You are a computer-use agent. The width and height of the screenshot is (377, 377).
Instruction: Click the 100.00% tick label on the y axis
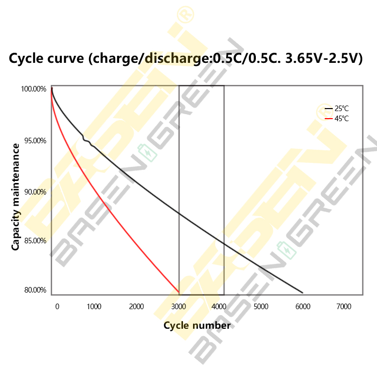tap(34, 89)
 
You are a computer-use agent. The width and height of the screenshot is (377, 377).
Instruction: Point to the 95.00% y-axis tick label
tap(34, 140)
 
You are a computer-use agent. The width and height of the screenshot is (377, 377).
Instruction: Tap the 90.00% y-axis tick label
tap(34, 192)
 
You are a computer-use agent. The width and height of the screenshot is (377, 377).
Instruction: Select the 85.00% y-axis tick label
tap(34, 240)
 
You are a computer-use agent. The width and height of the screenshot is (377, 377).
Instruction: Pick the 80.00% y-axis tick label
tap(34, 290)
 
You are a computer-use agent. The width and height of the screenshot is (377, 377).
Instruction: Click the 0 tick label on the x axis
tap(57, 307)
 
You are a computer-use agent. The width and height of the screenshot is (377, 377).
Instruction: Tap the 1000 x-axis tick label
tap(94, 307)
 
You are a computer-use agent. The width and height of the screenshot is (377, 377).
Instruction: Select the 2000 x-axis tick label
tap(136, 307)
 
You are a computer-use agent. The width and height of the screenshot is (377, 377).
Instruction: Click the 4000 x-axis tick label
tap(219, 307)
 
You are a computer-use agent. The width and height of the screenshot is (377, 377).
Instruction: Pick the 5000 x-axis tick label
tap(260, 307)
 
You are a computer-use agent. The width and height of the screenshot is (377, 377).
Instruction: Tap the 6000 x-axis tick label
tap(302, 307)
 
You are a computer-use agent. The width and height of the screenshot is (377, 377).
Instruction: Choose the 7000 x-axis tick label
tap(343, 307)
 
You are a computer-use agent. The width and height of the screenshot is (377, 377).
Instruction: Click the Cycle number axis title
tap(197, 325)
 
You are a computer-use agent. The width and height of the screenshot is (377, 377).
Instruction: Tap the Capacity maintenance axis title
tap(16, 197)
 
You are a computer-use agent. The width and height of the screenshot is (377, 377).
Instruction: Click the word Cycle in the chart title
tap(27, 58)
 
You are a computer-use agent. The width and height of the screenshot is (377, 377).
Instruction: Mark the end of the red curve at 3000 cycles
tap(178, 292)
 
